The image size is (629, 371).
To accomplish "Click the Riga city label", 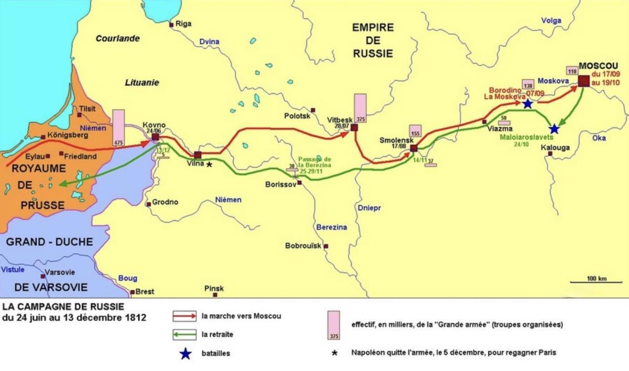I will tap(183, 24).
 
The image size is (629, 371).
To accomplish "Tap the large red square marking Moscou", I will tap(584, 81).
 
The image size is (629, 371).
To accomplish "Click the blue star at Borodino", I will tap(527, 104).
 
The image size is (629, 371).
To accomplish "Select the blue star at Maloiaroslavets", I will tap(554, 128).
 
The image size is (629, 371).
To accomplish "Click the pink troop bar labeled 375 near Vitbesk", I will tap(360, 108).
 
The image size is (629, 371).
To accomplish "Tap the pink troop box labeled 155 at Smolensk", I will tap(416, 132).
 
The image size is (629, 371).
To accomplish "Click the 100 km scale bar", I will tap(596, 282).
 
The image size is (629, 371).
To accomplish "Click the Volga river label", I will tap(551, 21).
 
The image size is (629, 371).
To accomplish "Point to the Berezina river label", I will tap(332, 227).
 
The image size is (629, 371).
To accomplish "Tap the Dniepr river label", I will tap(370, 208).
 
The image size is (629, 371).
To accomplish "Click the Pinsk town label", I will tap(215, 289).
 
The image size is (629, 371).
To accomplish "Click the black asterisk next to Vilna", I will tap(209, 165).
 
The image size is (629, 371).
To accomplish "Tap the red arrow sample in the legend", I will tap(185, 316).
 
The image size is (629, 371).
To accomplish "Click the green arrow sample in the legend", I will tap(185, 334).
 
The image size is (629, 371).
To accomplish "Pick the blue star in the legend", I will tap(185, 354).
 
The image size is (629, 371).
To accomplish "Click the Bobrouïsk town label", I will tap(302, 245).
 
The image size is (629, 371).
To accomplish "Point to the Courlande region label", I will tap(118, 38).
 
